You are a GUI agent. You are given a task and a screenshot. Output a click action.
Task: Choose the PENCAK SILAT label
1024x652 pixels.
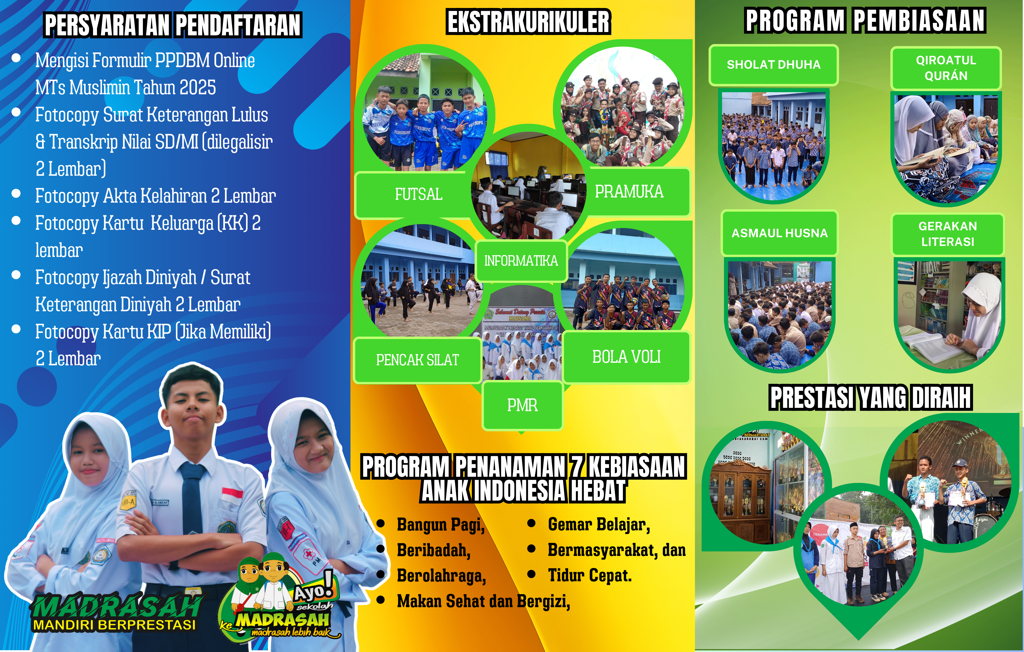418,360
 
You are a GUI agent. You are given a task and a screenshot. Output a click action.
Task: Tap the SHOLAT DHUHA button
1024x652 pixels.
774,65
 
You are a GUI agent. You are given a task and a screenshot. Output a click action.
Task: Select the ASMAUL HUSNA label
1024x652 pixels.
780,233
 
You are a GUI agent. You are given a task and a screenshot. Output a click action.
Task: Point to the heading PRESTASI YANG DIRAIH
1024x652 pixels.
870,398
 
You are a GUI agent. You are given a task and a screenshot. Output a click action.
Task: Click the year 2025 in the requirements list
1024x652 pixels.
197,88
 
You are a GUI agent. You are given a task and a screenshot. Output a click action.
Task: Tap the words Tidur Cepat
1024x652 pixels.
590,575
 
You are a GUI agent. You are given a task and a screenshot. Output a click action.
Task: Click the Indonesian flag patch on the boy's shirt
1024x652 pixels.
232,496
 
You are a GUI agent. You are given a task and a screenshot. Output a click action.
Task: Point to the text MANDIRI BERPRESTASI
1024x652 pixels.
114,625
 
